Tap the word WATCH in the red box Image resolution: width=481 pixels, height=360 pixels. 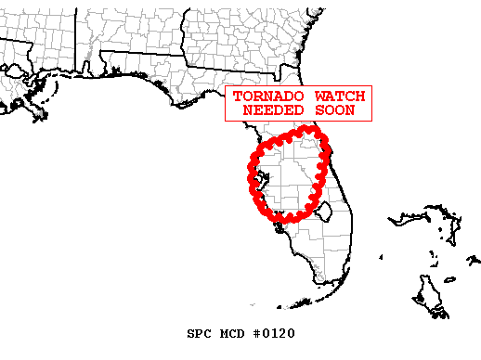(x=338, y=96)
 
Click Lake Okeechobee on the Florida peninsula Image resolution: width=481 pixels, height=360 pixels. (x=324, y=214)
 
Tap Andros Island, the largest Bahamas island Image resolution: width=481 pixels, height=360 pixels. (x=430, y=295)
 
